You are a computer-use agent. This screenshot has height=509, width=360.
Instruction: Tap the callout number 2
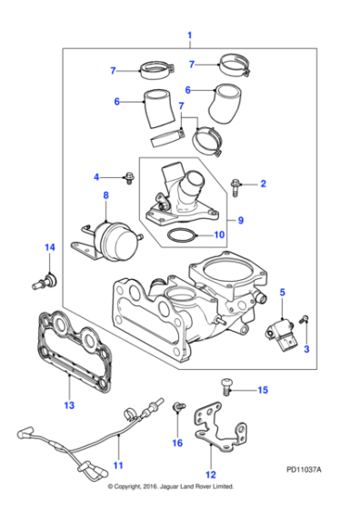(x=263, y=185)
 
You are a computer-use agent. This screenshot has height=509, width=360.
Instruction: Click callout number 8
(x=105, y=195)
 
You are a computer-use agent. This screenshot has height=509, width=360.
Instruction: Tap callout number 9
(x=241, y=220)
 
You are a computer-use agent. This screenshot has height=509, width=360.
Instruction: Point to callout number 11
(x=117, y=465)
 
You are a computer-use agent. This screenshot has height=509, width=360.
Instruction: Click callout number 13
(x=67, y=404)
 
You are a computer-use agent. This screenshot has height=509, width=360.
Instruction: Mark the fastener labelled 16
(x=177, y=414)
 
